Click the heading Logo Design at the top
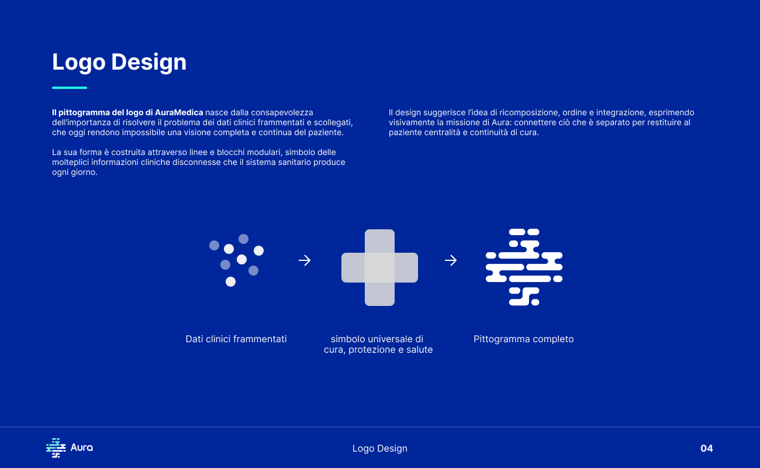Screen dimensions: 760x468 119,62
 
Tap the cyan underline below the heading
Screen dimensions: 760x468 70,88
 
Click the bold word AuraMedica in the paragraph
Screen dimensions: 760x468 179,112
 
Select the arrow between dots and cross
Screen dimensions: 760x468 305,260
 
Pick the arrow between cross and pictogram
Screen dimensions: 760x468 451,260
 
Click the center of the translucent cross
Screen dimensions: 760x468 379,267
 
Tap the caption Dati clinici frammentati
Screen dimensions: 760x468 236,339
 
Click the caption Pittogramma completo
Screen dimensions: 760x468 523,339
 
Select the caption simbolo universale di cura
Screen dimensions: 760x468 378,344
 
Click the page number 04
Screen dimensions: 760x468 707,448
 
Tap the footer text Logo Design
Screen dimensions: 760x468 379,448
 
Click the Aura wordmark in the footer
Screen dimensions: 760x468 81,448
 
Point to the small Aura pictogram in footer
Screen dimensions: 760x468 56,448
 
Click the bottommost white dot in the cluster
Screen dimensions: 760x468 231,281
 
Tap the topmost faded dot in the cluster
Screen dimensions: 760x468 244,239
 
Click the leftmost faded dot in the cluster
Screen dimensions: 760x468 214,245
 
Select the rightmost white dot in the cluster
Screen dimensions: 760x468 259,250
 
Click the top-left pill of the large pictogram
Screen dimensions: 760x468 517,232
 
